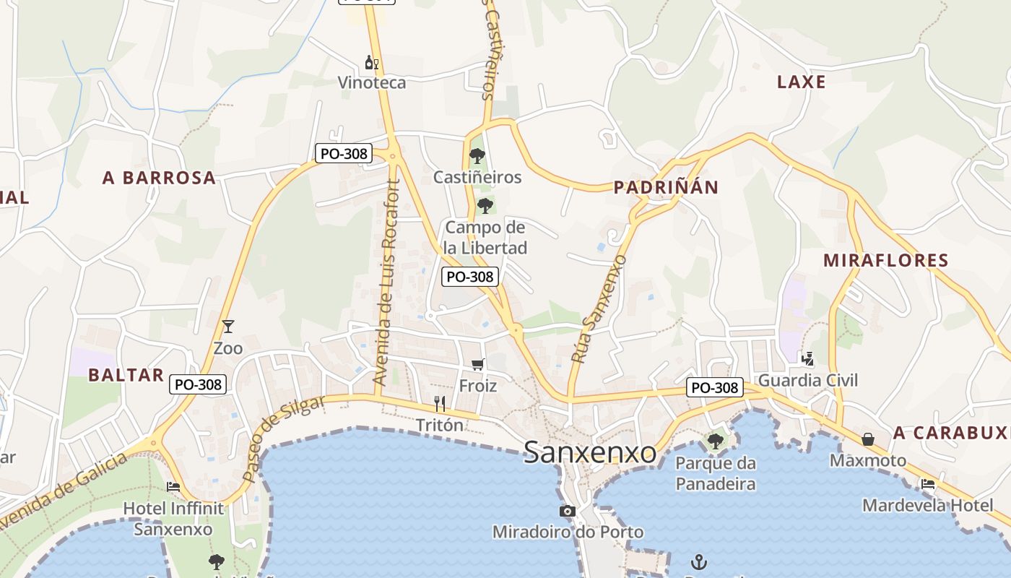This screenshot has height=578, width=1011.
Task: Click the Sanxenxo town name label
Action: (x=590, y=453)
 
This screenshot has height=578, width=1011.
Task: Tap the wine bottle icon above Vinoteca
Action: (x=372, y=62)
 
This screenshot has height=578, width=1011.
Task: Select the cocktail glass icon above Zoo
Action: (x=228, y=327)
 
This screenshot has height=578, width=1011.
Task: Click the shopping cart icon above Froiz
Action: (x=477, y=364)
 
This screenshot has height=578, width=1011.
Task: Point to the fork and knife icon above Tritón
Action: (x=440, y=403)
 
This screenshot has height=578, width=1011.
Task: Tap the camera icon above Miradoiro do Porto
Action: (x=568, y=512)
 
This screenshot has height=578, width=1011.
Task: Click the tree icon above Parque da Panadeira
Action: (x=716, y=441)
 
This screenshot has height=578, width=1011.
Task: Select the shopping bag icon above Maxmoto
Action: (x=867, y=439)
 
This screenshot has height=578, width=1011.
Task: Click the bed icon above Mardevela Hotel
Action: (x=928, y=484)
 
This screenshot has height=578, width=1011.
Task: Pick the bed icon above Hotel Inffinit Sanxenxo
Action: (x=173, y=486)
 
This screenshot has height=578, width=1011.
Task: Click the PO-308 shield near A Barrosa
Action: (x=344, y=153)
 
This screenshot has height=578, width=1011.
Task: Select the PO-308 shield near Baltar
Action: (x=199, y=384)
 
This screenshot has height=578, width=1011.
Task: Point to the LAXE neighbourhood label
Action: (x=801, y=82)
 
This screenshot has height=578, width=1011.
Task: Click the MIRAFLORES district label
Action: (x=885, y=260)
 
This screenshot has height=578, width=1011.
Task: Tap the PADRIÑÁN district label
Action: (x=666, y=188)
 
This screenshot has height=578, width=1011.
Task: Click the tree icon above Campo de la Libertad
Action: (x=485, y=205)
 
